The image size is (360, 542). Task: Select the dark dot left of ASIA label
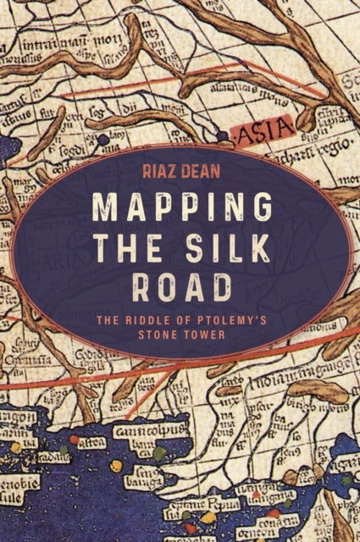pyautogui.click(x=222, y=134)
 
